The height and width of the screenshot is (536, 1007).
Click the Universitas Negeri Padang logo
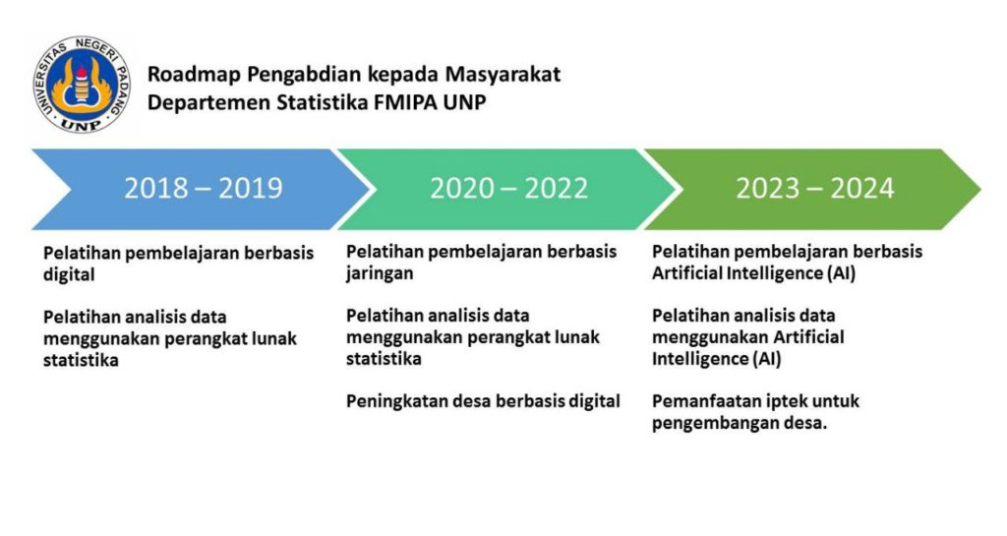82,85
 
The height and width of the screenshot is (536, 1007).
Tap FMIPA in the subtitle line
406,102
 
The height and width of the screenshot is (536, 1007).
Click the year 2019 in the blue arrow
251,188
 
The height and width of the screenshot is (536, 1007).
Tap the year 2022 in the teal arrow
557,188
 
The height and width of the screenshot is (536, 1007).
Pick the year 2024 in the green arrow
861,188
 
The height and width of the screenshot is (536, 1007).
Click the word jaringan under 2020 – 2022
380,273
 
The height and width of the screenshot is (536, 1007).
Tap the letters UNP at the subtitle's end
465,102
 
